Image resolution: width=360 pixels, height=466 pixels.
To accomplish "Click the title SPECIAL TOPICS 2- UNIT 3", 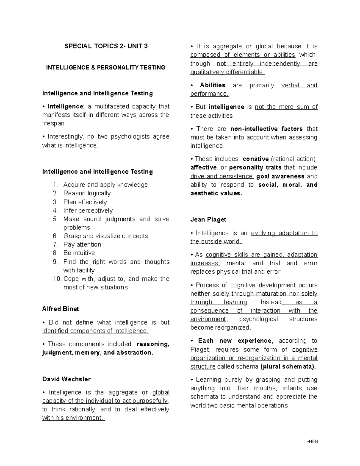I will point(106,46).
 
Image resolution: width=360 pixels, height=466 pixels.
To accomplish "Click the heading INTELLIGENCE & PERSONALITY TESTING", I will point(106,68).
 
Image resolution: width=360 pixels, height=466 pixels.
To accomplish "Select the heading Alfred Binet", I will point(61,309).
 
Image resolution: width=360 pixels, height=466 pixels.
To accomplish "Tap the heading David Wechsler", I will point(66,379).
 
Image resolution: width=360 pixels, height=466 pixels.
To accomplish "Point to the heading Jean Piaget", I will point(208,219).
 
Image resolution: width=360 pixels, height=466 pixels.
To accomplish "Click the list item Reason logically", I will point(87,193).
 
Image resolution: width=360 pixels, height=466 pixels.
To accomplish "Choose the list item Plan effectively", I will point(85,202).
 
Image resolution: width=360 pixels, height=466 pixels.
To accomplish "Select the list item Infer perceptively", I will point(88,210).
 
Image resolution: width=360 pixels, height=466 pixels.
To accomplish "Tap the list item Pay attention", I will point(82,244).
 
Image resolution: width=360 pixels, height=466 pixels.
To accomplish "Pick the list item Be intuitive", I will point(79,253).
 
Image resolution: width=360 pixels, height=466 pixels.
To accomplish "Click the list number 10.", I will point(57,279).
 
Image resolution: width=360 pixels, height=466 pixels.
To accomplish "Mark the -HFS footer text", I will point(312,441).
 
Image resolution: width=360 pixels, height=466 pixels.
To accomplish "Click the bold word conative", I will point(256,159).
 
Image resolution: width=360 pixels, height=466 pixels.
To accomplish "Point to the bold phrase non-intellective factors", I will point(266,129).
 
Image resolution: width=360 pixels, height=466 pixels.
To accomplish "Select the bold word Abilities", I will point(212,85).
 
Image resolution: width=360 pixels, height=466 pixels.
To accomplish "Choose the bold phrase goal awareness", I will point(280,176).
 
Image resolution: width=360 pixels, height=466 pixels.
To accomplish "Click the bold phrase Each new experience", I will point(235,341).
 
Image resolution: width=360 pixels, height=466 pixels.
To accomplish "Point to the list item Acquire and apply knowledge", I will point(105,185).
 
